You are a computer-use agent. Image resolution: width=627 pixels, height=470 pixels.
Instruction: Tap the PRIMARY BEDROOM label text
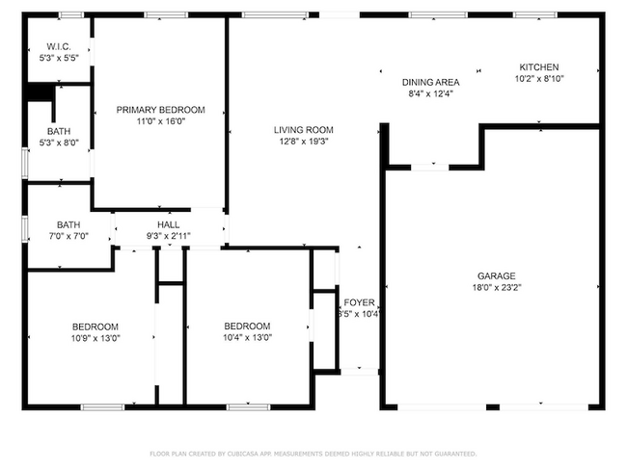click(160, 110)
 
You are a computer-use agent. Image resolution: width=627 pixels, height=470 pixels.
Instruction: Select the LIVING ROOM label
click(303, 130)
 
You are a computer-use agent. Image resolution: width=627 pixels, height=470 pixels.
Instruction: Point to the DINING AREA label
click(430, 82)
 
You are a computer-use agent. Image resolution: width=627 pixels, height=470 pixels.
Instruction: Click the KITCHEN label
click(538, 67)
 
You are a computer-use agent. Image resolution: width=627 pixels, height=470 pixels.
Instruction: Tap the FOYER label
click(359, 301)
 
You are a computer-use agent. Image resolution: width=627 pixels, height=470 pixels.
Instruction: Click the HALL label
click(169, 224)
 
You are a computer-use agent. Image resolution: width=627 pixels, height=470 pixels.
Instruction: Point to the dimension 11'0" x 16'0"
click(160, 121)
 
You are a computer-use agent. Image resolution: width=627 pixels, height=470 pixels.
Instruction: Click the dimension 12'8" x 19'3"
click(303, 142)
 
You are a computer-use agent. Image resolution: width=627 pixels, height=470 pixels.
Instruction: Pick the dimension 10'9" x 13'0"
click(95, 337)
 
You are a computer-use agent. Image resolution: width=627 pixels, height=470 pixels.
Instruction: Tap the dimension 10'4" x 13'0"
click(247, 337)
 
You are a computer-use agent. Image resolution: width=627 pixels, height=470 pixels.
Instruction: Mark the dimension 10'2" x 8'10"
click(538, 79)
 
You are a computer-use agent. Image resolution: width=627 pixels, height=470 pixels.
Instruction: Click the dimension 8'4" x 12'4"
click(430, 93)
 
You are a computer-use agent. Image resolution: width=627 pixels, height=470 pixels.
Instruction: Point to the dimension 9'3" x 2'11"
click(169, 236)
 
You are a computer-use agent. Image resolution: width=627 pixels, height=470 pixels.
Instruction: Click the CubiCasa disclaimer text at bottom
click(313, 453)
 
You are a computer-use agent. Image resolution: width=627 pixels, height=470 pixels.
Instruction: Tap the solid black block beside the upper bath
click(39, 91)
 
